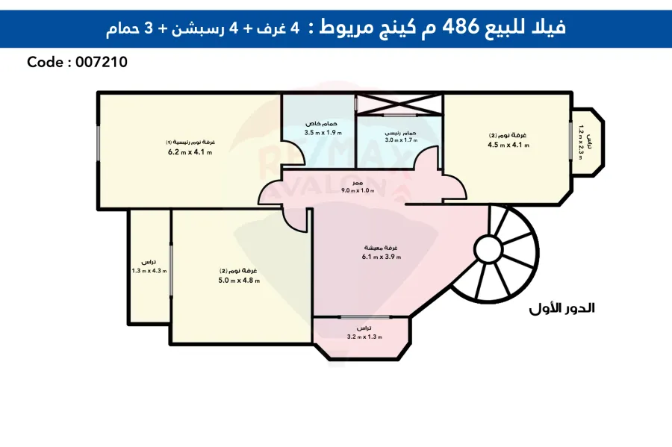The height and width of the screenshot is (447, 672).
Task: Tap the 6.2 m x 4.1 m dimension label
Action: pos(190,151)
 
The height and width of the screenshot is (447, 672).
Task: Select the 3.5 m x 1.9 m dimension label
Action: pos(320,132)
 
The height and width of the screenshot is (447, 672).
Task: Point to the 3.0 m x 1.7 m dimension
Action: pos(400,140)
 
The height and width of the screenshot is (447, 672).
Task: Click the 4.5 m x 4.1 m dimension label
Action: pos(508,145)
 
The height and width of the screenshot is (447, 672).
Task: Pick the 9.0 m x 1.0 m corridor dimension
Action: pos(358,191)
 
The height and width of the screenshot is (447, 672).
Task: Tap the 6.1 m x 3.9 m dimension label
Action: pos(382,257)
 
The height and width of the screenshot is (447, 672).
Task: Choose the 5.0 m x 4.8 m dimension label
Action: pos(239,280)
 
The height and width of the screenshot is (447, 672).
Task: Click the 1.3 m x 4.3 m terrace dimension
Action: pos(149,271)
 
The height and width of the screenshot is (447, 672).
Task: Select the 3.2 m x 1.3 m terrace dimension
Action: pos(364,337)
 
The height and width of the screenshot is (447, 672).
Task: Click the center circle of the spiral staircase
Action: pos(489,248)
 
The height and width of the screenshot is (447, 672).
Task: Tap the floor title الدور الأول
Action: pos(561,308)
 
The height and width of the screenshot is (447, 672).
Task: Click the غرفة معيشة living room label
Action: pos(382,248)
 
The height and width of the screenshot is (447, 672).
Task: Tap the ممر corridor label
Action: pos(358,183)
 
